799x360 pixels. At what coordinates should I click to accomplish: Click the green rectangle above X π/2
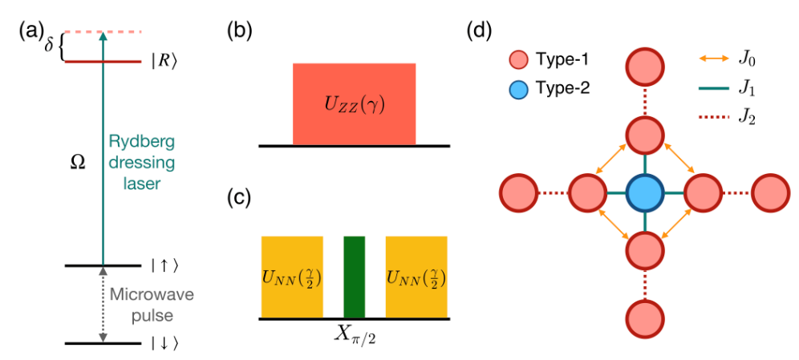click(354, 277)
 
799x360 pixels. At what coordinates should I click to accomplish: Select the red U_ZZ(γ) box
click(354, 104)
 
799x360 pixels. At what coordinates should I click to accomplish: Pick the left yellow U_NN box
click(292, 277)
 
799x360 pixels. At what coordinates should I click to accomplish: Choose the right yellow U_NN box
click(416, 277)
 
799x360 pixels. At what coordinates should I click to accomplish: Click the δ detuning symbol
click(49, 47)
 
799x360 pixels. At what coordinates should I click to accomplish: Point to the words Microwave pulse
click(152, 305)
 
